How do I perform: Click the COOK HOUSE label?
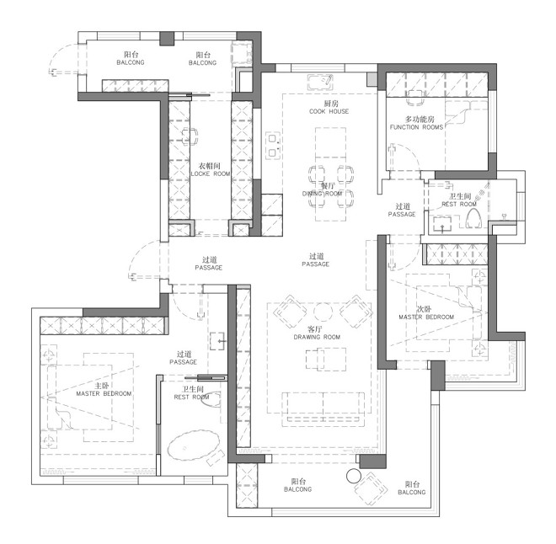(x=329, y=111)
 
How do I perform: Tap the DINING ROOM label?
(x=322, y=194)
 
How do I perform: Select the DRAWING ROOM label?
(x=317, y=337)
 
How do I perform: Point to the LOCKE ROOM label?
(x=211, y=173)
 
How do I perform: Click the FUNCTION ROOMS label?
(x=417, y=127)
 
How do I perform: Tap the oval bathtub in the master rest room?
(x=193, y=445)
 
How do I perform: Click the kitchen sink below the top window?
(x=320, y=83)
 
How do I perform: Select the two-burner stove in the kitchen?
(x=272, y=145)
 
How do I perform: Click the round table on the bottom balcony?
(x=354, y=477)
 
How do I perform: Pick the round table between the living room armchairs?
(x=323, y=312)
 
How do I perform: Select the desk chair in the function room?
(x=415, y=97)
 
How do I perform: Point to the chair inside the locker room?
(x=190, y=136)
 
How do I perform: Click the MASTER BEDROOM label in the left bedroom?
(x=104, y=394)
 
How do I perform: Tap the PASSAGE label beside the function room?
(x=402, y=215)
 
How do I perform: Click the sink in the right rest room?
(x=442, y=225)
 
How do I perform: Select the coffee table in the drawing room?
(x=326, y=359)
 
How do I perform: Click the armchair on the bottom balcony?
(x=370, y=488)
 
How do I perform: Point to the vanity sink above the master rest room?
(x=217, y=341)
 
